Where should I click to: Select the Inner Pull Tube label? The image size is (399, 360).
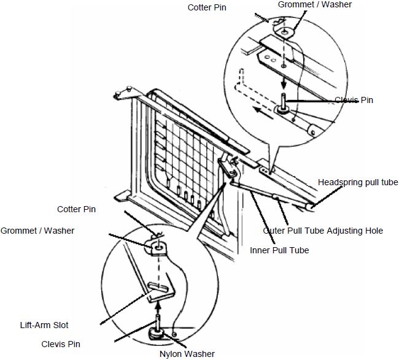click(x=279, y=250)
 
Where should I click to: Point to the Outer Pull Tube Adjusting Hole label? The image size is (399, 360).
click(x=323, y=231)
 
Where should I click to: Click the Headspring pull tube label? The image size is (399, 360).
click(x=358, y=182)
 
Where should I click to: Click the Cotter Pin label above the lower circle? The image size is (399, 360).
click(x=77, y=209)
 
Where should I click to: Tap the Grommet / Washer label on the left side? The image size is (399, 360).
click(x=37, y=231)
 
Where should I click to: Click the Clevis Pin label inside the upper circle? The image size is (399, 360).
click(x=354, y=100)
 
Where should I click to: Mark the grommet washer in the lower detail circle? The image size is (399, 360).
click(x=158, y=246)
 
